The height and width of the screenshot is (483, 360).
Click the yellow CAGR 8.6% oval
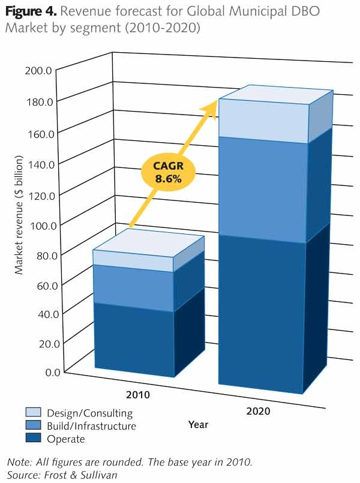(169, 174)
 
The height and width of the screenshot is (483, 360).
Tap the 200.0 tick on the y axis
(39, 71)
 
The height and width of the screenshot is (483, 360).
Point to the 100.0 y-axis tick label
(39, 225)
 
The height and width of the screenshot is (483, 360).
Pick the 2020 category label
(258, 411)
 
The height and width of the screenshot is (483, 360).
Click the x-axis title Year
(198, 425)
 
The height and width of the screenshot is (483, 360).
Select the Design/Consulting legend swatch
(33, 413)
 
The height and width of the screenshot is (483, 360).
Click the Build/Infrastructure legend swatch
(33, 426)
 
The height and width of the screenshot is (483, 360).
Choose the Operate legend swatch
(33, 439)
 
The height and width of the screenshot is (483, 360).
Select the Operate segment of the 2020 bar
(262, 315)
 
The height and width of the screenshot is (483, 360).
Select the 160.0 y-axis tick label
(39, 133)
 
